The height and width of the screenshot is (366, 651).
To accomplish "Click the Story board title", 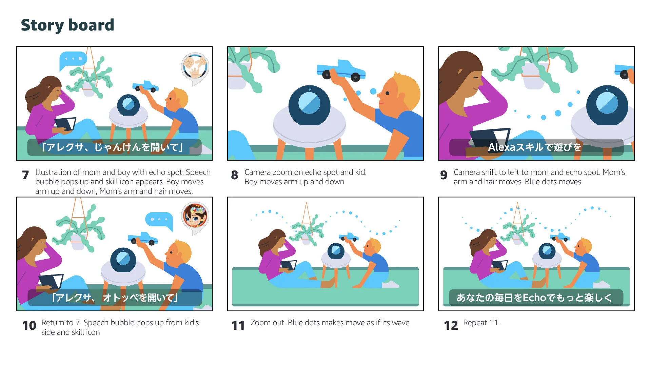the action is [x=67, y=25].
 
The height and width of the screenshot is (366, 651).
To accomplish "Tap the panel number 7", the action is [x=25, y=175].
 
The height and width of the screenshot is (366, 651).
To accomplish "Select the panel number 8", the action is [x=235, y=175].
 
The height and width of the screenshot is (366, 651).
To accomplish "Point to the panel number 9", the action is [x=444, y=175].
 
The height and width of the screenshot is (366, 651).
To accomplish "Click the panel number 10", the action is [x=29, y=325].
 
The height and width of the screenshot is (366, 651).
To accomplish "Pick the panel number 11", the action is [x=238, y=325].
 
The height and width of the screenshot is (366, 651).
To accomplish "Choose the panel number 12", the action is [x=451, y=325].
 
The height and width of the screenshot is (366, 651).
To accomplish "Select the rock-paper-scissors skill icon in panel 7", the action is [x=195, y=68].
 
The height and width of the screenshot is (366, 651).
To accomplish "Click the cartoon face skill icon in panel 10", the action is [x=195, y=217].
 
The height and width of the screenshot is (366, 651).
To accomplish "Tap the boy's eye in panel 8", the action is [x=388, y=93].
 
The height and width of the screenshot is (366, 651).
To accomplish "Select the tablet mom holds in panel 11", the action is [x=288, y=265].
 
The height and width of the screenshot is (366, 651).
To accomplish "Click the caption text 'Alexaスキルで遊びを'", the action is [x=535, y=147].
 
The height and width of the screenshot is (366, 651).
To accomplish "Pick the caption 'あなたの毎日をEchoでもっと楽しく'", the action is [x=534, y=298].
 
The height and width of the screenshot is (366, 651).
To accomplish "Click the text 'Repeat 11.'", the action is [x=481, y=323].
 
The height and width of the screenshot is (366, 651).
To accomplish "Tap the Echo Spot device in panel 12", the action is [x=547, y=251].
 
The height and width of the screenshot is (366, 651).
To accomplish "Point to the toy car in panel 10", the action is [x=143, y=238].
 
